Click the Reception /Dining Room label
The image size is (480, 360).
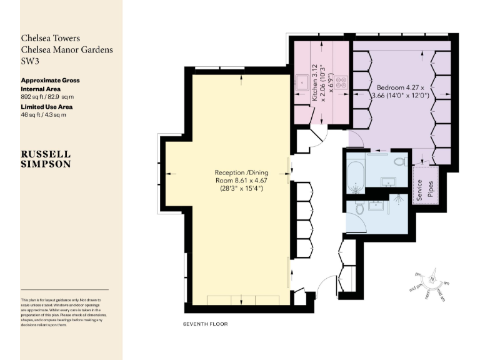click(238, 180)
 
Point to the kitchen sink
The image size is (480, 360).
click(301, 81)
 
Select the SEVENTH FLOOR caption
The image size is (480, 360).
click(206, 324)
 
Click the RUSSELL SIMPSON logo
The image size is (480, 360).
click(46, 159)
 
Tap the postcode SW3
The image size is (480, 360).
click(31, 61)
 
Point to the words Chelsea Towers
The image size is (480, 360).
click(51, 39)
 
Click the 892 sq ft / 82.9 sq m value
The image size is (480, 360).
click(47, 97)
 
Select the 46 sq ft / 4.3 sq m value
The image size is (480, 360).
click(44, 114)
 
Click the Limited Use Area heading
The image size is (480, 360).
click(46, 107)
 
